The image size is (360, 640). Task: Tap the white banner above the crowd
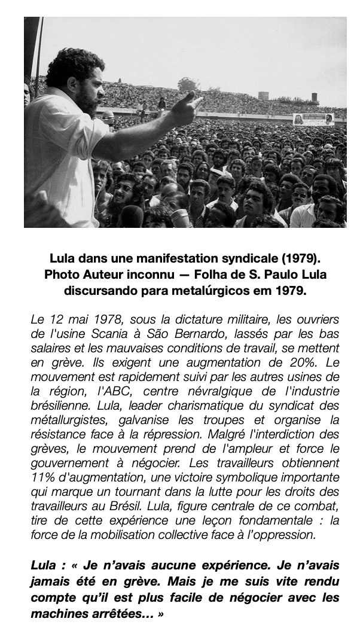tap(313, 119)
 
